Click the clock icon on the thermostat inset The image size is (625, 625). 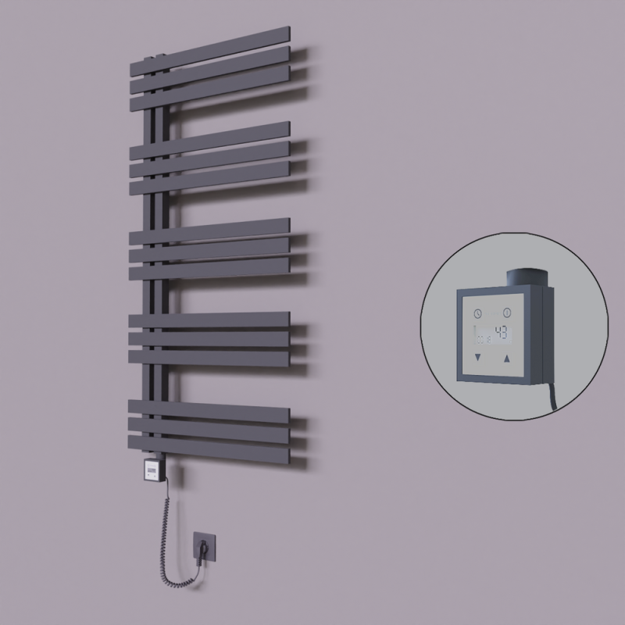coord(477,313)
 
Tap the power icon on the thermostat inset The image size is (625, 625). coord(506,313)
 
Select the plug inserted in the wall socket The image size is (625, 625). coord(203,552)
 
